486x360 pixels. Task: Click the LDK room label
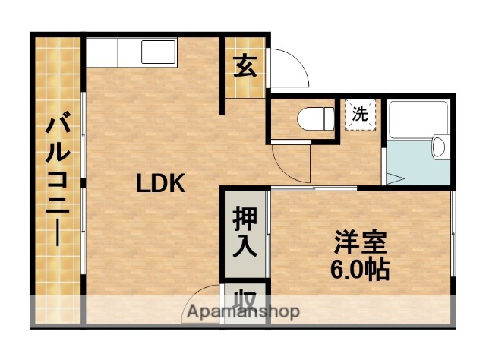[x=160, y=184]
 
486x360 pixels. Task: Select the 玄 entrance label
[x=244, y=67]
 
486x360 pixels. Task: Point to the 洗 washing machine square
[x=361, y=115]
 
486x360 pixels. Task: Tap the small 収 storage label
[x=244, y=298]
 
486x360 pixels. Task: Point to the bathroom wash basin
[x=440, y=146]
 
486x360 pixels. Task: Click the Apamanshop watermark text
[x=243, y=311]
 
